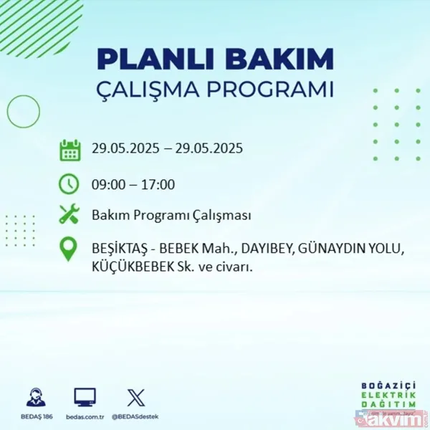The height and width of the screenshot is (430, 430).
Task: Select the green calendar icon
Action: coord(70,150)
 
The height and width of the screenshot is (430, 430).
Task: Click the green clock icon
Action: coord(70,183)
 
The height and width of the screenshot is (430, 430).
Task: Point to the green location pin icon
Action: coord(70,249)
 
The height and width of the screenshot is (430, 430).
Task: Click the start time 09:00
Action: coord(107,184)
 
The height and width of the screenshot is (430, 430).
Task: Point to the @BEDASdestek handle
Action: coord(135,416)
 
